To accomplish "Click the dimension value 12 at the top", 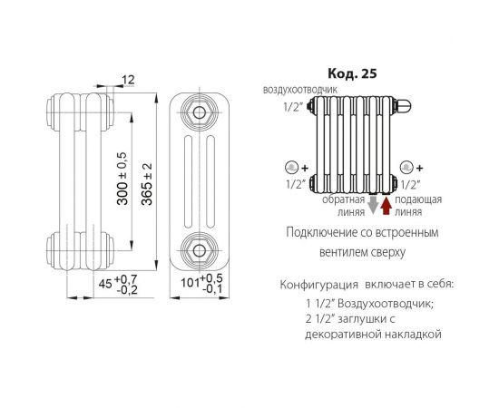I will click(x=126, y=81).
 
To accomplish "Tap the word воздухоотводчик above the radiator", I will click(x=300, y=91).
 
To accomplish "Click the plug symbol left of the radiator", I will click(x=292, y=167).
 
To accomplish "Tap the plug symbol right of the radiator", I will click(x=406, y=167).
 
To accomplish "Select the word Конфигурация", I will click(x=314, y=286).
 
